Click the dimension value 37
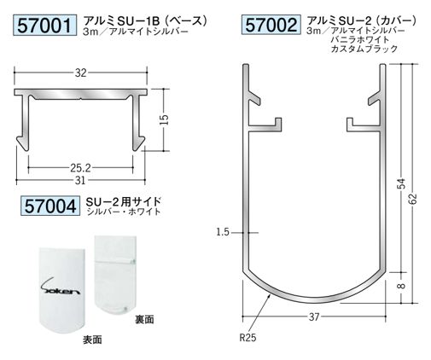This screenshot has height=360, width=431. coord(314,316)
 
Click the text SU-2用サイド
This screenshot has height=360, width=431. coord(124,200)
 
